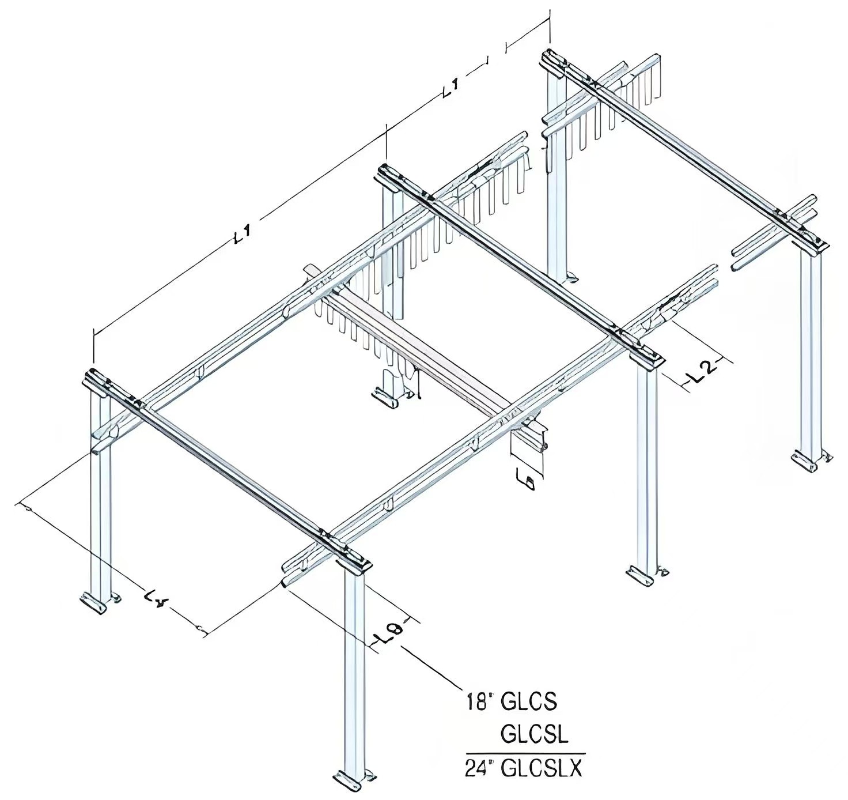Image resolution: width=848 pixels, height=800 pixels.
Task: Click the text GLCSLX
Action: pyautogui.click(x=542, y=768)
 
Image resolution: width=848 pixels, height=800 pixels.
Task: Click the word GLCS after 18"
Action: pyautogui.click(x=529, y=701)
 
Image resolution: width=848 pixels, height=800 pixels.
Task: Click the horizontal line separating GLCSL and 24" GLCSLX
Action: pyautogui.click(x=525, y=753)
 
